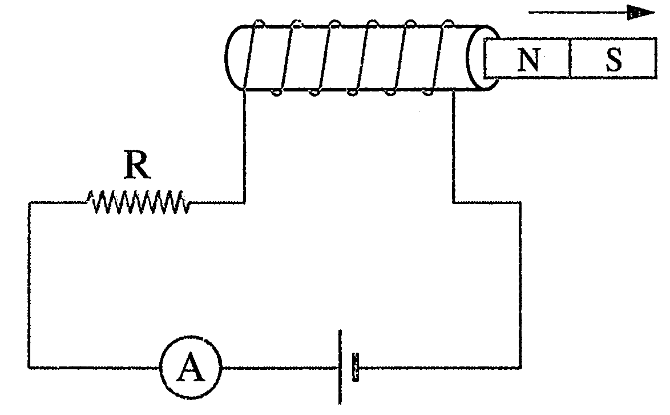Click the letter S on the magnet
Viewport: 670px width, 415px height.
point(614,59)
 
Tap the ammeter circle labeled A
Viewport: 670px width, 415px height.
point(191,367)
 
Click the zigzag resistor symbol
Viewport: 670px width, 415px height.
point(139,202)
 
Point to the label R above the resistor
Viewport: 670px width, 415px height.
point(137,165)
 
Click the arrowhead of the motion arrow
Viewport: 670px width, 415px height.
point(640,13)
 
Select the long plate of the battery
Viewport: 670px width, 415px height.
point(340,366)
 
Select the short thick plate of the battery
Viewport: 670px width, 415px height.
point(355,366)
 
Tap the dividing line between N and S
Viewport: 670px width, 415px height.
point(571,58)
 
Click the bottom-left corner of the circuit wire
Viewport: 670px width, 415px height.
point(30,367)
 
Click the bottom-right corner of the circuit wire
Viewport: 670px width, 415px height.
point(520,367)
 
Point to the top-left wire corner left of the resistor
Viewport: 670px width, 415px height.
point(30,203)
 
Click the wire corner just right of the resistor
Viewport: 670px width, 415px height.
point(244,202)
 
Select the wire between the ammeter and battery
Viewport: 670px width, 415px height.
point(280,367)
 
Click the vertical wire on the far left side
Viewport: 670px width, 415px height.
point(30,285)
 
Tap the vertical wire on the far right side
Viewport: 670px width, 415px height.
point(520,285)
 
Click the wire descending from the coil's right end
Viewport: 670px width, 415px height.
point(453,146)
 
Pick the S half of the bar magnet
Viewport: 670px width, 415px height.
point(614,58)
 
